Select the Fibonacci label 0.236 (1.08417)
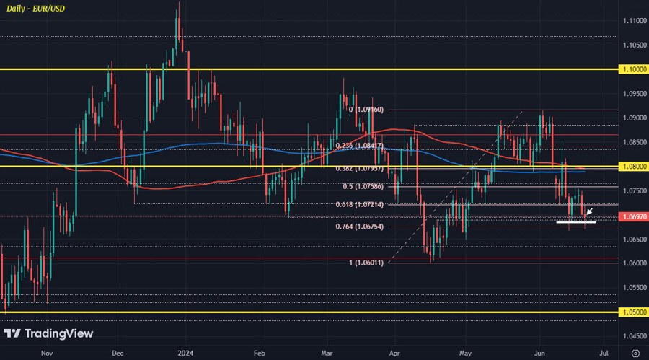(365, 146)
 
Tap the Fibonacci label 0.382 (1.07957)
(365, 169)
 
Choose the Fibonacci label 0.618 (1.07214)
(365, 205)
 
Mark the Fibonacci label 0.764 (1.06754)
(365, 227)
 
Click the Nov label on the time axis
(47, 354)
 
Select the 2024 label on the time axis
(185, 354)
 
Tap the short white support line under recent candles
(575, 223)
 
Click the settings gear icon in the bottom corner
(635, 354)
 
